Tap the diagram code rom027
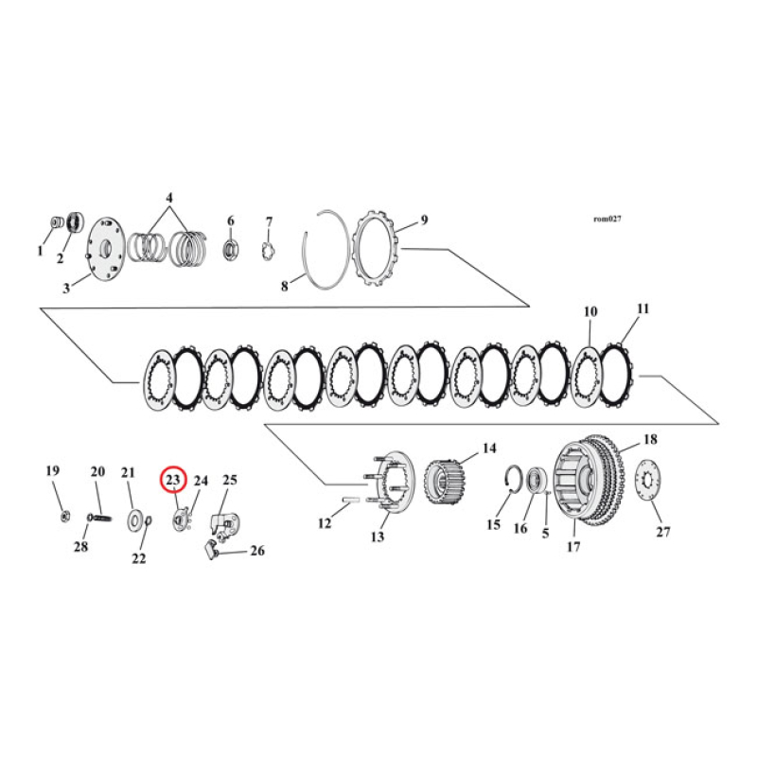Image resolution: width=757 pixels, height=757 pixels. [x=606, y=219]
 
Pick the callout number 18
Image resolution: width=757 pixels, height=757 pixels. [x=650, y=440]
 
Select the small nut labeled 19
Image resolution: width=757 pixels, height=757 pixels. [x=62, y=515]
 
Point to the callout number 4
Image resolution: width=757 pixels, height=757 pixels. [x=169, y=199]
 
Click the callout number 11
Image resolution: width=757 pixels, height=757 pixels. [x=643, y=308]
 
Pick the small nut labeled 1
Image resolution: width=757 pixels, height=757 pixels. [x=55, y=223]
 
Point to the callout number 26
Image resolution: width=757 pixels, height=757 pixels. [x=256, y=551]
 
